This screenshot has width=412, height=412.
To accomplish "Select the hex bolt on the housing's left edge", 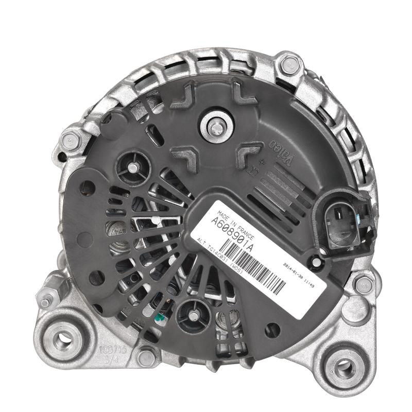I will [x=69, y=139].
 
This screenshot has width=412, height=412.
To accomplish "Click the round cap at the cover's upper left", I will [x=133, y=166].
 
